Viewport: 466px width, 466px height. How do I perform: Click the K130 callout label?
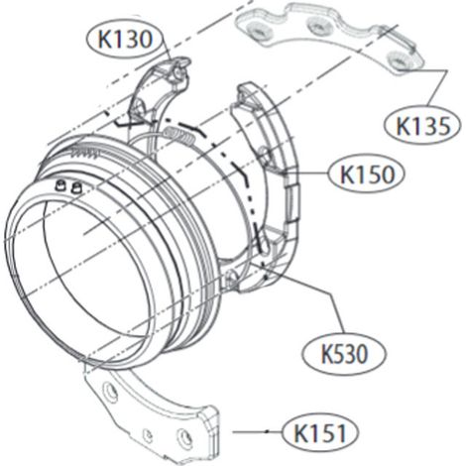point(125,40)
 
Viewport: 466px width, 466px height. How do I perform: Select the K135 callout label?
point(422,126)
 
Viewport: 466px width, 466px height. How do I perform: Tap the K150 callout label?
point(367,175)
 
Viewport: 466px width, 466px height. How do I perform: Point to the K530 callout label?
point(344,354)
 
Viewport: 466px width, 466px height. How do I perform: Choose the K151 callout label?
point(320,433)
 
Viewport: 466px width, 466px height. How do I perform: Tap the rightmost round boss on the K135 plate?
point(401,60)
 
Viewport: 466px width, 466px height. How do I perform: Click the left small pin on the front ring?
point(60,186)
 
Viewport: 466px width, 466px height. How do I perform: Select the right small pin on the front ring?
point(75,187)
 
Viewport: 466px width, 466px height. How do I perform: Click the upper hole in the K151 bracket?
point(110,392)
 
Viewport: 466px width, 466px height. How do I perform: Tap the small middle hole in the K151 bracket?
point(148,435)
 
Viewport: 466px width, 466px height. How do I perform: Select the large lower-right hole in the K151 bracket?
point(184,437)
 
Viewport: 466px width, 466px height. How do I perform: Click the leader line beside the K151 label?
point(257,431)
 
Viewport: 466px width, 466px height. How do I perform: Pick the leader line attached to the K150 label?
point(307,173)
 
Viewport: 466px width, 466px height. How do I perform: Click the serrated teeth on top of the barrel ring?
point(86,153)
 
